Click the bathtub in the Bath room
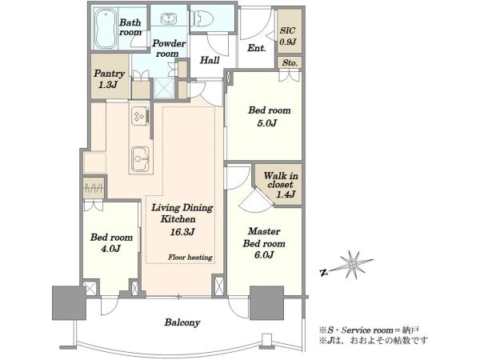[x=105, y=29]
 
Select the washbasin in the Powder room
[x=168, y=18]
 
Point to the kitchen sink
[x=141, y=159]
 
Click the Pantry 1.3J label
[x=109, y=78]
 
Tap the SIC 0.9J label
[x=287, y=36]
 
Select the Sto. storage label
[x=290, y=63]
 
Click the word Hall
[x=210, y=60]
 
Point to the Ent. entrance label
[x=256, y=48]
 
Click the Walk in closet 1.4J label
[x=281, y=185]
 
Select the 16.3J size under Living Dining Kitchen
[x=182, y=232]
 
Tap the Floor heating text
[x=190, y=257]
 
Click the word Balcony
[x=182, y=322]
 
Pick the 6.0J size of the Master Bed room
[x=263, y=254]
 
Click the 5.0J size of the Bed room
[x=266, y=123]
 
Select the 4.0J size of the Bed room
[x=110, y=249]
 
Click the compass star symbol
[x=353, y=265]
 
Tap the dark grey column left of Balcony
[x=69, y=303]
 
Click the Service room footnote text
[x=369, y=330]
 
